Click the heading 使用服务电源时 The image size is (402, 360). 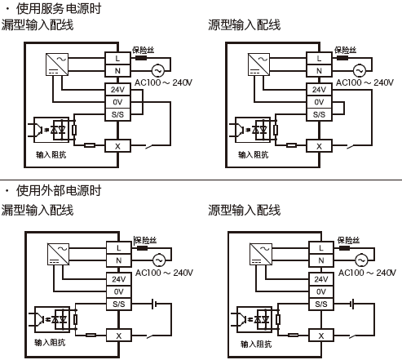(x=58, y=10)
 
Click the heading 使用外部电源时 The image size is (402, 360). (x=58, y=190)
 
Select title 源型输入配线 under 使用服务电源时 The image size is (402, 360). (x=244, y=25)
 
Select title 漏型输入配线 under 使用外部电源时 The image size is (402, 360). (x=38, y=210)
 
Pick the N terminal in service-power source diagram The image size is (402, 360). (x=319, y=71)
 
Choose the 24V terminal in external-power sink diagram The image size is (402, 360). (x=118, y=278)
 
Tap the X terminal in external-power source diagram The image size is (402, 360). (x=321, y=336)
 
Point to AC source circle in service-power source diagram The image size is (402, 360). (x=356, y=70)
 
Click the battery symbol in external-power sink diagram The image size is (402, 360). (x=152, y=304)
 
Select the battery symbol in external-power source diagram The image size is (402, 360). (x=353, y=304)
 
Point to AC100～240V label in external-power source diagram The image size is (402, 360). (x=366, y=273)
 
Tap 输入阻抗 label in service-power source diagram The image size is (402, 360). (x=253, y=153)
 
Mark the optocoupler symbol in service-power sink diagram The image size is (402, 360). (x=52, y=128)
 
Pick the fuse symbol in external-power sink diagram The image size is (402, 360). (x=143, y=248)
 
